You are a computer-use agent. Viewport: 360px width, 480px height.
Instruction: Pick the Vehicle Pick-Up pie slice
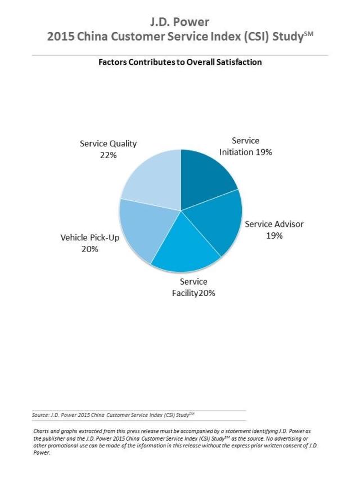[x=144, y=228]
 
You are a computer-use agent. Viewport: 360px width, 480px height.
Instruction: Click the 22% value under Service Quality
[x=109, y=155]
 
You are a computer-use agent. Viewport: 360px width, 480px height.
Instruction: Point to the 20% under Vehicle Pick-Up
[x=89, y=249]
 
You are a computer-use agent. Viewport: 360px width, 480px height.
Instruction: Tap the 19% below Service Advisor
[x=274, y=236]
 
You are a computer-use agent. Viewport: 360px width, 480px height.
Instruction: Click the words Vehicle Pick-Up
[x=90, y=237]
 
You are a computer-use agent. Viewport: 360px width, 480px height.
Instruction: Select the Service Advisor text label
[x=274, y=224]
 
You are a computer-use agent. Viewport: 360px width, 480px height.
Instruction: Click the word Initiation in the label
[x=236, y=152]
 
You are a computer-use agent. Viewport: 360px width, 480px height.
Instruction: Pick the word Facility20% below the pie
[x=193, y=293]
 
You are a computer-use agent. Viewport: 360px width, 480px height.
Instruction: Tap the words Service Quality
[x=109, y=143]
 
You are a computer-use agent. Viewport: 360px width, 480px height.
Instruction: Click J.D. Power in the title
[x=179, y=22]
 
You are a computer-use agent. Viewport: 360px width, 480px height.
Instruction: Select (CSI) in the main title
[x=256, y=37]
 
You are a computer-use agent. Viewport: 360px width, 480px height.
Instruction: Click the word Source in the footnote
[x=40, y=415]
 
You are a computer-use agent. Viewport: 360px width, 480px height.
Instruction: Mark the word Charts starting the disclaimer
[x=41, y=431]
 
